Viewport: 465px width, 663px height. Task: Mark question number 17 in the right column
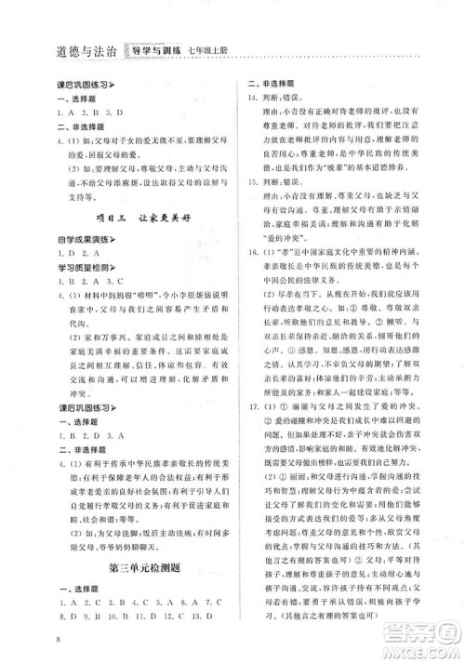253,437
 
